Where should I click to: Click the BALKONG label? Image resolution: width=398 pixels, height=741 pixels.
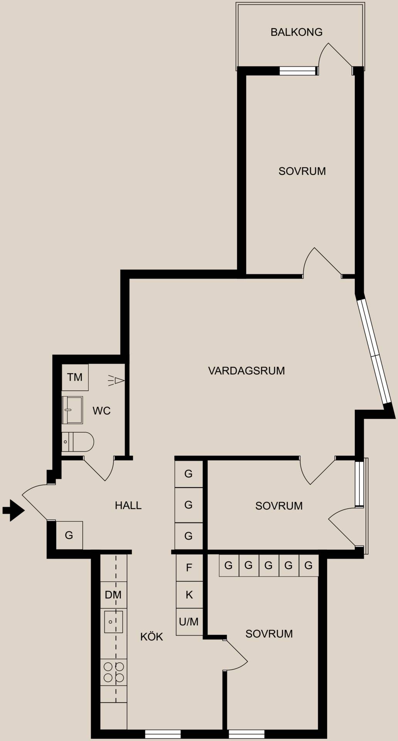296,32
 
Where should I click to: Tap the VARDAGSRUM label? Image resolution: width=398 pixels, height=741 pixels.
246,371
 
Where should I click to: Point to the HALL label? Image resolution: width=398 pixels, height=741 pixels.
128,505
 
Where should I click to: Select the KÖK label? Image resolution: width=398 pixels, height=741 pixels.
152,636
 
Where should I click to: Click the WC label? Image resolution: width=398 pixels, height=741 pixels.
101,411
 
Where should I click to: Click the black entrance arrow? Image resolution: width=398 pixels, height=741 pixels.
13,511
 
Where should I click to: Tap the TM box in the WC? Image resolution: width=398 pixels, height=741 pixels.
75,377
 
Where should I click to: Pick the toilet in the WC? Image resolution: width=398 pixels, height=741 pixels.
78,442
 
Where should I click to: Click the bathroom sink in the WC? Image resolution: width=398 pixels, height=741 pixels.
72,410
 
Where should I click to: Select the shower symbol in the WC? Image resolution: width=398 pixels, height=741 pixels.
116,381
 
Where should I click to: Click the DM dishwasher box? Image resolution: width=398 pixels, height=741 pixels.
113,595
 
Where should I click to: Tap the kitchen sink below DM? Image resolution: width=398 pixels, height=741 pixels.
113,622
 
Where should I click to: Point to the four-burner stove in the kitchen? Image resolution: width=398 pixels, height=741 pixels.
114,672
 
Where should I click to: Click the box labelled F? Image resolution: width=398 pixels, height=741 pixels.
189,567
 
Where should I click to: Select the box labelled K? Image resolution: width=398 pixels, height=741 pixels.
189,595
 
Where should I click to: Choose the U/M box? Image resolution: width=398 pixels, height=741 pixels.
189,622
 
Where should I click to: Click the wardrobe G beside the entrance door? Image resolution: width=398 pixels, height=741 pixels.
69,535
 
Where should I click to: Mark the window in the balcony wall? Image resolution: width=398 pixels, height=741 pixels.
298,71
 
